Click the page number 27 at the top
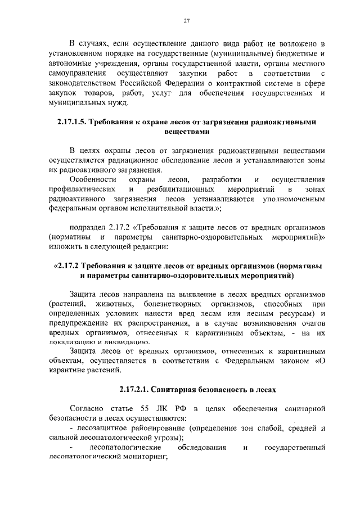[186, 21]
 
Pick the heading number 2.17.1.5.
[73, 122]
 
